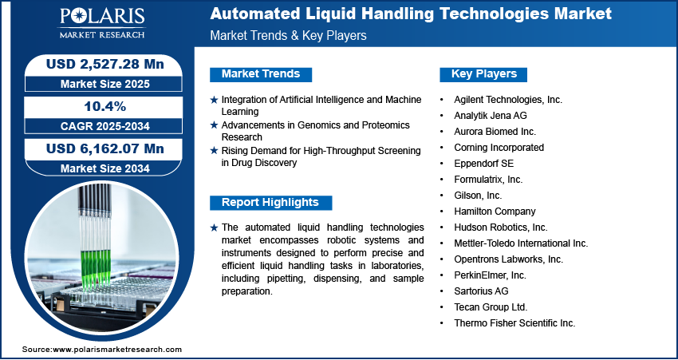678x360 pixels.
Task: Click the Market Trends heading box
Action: pos(261,74)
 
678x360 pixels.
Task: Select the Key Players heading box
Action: pos(483,74)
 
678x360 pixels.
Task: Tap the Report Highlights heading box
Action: pos(270,203)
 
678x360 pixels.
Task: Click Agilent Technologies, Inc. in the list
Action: pos(508,100)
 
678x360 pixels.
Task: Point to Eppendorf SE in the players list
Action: pos(483,164)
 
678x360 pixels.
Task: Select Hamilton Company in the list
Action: pos(495,212)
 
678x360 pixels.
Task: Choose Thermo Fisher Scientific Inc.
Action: pos(514,323)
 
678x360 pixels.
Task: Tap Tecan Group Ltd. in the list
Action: pos(491,307)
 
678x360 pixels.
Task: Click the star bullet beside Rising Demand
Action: pos(214,151)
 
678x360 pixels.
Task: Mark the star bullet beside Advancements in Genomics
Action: pos(214,125)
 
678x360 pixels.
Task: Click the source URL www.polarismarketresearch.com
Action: pos(117,350)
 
